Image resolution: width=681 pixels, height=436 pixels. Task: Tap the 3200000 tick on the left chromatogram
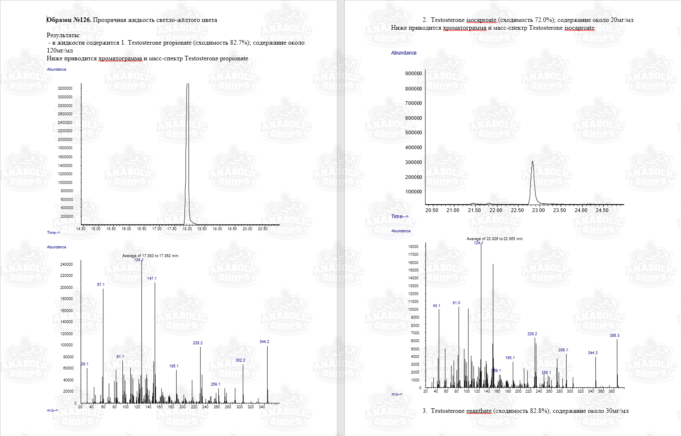click(x=65, y=88)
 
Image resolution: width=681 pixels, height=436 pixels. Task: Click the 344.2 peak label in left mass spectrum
click(x=264, y=342)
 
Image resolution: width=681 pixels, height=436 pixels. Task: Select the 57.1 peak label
click(x=101, y=285)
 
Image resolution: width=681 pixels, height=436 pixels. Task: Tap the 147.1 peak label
click(x=152, y=279)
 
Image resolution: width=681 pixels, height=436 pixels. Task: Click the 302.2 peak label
click(x=240, y=360)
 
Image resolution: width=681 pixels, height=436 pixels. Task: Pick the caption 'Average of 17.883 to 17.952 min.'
click(x=151, y=256)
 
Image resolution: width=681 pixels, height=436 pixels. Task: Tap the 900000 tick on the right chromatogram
click(x=413, y=74)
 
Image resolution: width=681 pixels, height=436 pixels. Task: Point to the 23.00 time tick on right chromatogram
click(x=538, y=210)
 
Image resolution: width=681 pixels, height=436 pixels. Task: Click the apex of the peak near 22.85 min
click(x=533, y=162)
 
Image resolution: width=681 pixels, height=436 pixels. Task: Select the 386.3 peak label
click(x=614, y=336)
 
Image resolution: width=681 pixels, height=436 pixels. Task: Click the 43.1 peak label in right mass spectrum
click(x=437, y=306)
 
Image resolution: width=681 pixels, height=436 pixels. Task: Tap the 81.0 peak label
click(x=456, y=303)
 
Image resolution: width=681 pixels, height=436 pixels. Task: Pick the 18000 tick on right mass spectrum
click(x=413, y=247)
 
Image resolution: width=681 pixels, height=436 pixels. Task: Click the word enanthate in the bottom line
click(x=479, y=411)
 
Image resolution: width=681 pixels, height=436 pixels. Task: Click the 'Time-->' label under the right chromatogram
click(x=400, y=217)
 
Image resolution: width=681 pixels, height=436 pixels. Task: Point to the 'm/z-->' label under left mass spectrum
click(x=53, y=410)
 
